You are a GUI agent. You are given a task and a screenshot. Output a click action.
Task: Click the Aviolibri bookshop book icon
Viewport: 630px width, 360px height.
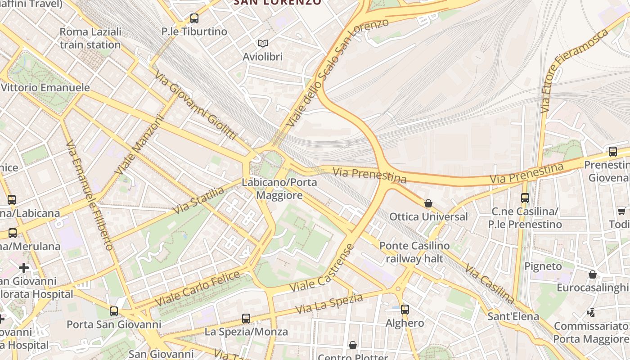(x=262, y=43)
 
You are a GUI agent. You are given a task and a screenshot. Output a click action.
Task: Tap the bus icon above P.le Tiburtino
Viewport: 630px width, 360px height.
(x=194, y=18)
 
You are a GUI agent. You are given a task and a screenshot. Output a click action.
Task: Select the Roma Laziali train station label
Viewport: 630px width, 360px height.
(x=90, y=38)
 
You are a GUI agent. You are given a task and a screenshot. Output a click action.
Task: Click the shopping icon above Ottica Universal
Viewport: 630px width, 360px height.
(x=428, y=203)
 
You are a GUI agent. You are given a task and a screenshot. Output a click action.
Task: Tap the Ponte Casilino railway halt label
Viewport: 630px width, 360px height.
(x=414, y=252)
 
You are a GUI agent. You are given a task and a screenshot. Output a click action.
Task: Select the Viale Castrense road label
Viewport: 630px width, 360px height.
(x=322, y=268)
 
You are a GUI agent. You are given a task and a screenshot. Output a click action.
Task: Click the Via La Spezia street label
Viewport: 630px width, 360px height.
(x=329, y=304)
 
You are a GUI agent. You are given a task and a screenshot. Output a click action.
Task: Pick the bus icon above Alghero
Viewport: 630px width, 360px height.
(x=405, y=309)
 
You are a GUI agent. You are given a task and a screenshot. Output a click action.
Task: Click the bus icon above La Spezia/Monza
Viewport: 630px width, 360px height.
(x=246, y=319)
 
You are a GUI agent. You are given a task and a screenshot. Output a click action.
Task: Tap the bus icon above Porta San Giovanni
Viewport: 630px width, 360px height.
(x=114, y=311)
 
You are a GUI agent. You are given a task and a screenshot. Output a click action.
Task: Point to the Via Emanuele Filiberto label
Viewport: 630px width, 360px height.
(x=90, y=195)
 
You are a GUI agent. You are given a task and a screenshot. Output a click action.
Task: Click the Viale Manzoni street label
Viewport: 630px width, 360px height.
(x=140, y=145)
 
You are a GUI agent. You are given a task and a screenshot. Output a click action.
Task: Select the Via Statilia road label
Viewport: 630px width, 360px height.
(x=198, y=200)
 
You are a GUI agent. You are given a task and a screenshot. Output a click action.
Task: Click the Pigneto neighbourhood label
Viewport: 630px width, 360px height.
(x=543, y=266)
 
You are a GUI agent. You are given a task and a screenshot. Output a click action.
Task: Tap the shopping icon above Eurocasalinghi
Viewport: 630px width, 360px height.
(x=593, y=274)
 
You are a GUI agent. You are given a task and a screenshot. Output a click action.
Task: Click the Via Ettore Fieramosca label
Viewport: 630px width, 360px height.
(x=575, y=70)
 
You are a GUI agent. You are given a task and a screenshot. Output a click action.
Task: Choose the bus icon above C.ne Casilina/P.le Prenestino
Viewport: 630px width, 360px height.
(x=525, y=198)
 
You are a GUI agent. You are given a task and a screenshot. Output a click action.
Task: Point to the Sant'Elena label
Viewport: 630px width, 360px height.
(x=513, y=316)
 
